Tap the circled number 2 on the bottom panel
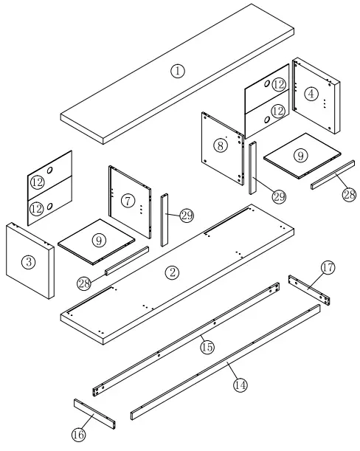pyautogui.click(x=172, y=272)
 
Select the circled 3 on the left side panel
pyautogui.click(x=27, y=261)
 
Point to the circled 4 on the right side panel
pyautogui.click(x=312, y=94)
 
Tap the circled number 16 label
pyautogui.click(x=78, y=435)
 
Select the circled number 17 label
pyautogui.click(x=327, y=267)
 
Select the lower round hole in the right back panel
pyautogui.click(x=266, y=119)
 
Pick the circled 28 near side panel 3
pyautogui.click(x=83, y=283)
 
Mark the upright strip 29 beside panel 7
pyautogui.click(x=165, y=220)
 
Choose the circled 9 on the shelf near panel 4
pyautogui.click(x=300, y=156)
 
